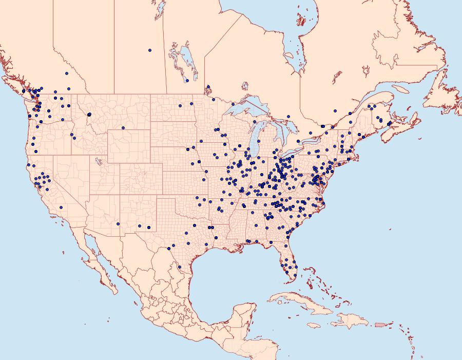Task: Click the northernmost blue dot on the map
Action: pyautogui.click(x=150, y=50)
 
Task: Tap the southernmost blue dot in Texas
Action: pyautogui.click(x=179, y=267)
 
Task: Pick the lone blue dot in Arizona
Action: pyautogui.click(x=118, y=224)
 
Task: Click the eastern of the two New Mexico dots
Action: pyautogui.click(x=149, y=228)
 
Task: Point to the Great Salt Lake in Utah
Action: pyautogui.click(x=97, y=160)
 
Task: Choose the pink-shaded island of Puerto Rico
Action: pyautogui.click(x=380, y=325)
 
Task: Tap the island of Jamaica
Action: pyautogui.click(x=314, y=326)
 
